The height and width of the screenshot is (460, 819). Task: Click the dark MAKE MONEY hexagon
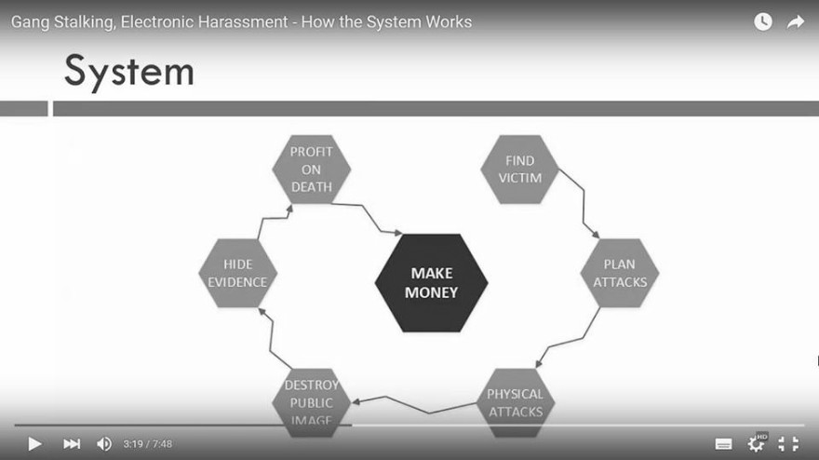click(432, 283)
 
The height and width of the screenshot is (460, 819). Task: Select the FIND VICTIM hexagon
click(519, 169)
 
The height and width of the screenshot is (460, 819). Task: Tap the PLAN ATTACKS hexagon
click(620, 273)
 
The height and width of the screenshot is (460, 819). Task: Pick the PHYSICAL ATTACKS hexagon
click(516, 402)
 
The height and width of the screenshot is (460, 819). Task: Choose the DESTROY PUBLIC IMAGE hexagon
click(311, 402)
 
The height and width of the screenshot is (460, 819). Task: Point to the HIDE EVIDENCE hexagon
click(237, 273)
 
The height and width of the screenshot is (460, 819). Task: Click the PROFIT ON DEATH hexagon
click(311, 169)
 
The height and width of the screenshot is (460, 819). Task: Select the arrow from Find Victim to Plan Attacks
click(584, 204)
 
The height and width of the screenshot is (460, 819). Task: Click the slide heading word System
click(129, 72)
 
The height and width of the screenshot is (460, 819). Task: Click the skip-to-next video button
click(72, 444)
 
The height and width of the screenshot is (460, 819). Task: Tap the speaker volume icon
click(104, 444)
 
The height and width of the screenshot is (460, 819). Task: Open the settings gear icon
click(756, 444)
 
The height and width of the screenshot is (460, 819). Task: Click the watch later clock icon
click(763, 21)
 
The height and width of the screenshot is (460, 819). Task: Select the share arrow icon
click(796, 21)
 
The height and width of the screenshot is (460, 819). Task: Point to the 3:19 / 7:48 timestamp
click(148, 444)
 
